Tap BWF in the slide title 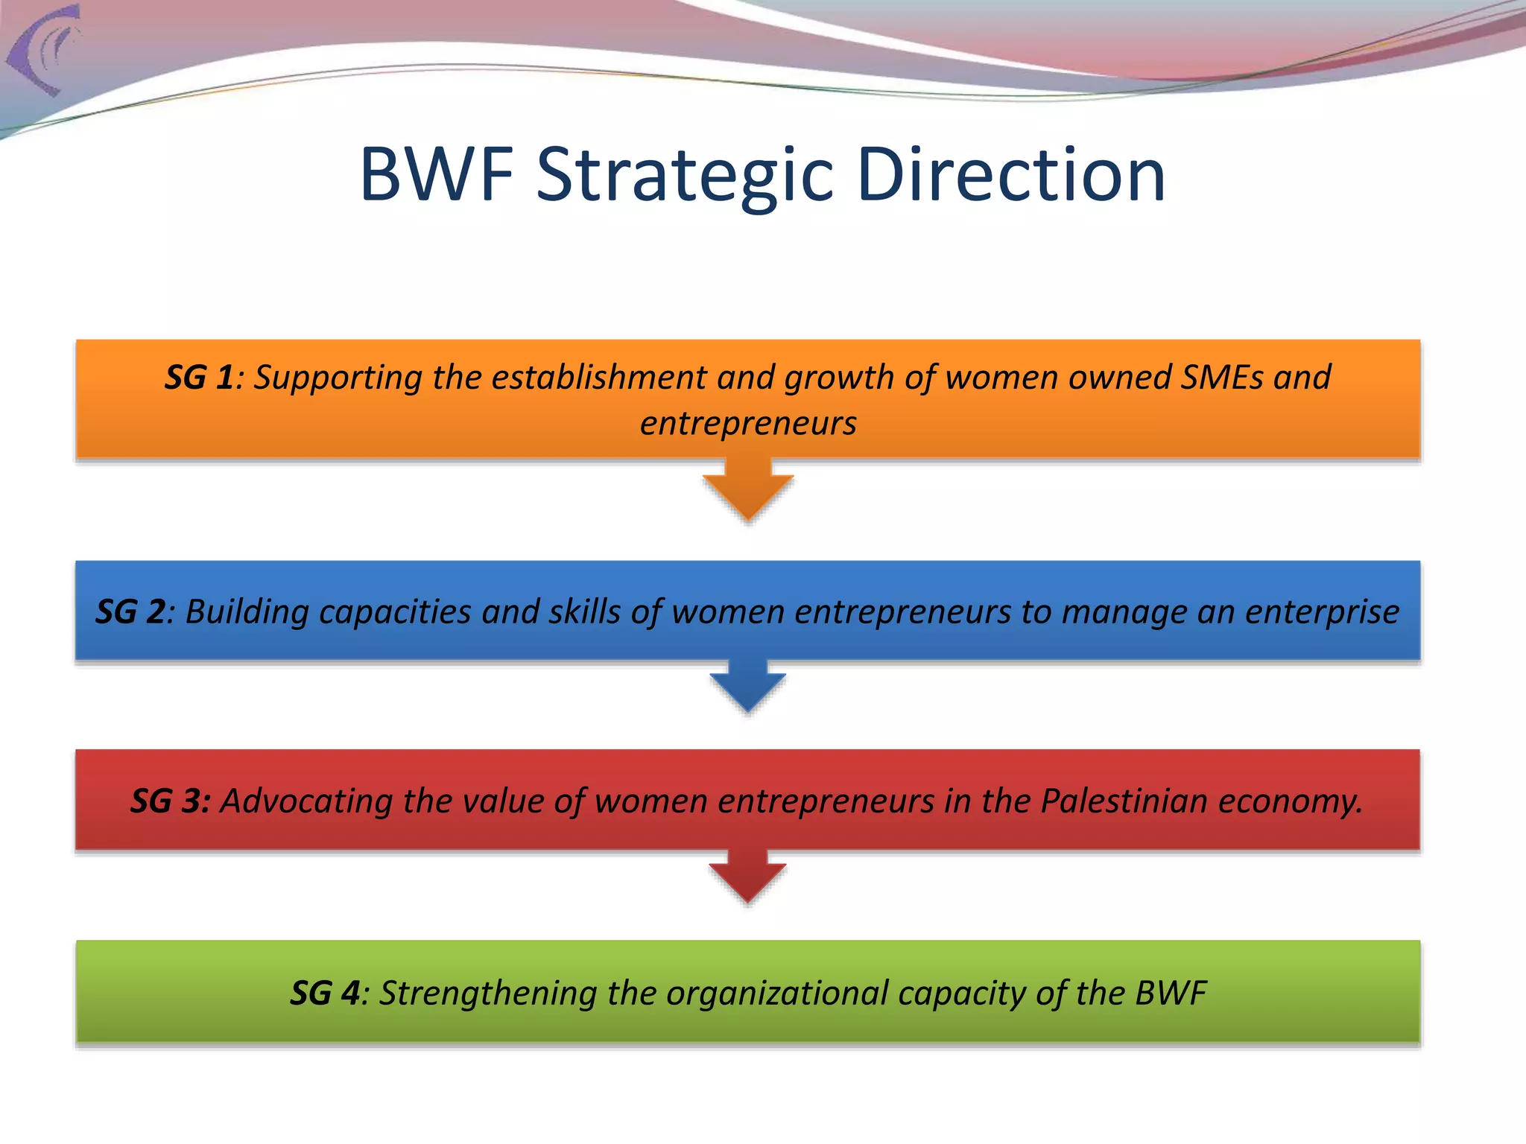[436, 176]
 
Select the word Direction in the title [1010, 176]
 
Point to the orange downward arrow [748, 492]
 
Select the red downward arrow [748, 877]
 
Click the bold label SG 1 [199, 378]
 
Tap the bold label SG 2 [130, 612]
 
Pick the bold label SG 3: [170, 801]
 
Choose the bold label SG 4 [325, 994]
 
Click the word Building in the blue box [246, 612]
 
